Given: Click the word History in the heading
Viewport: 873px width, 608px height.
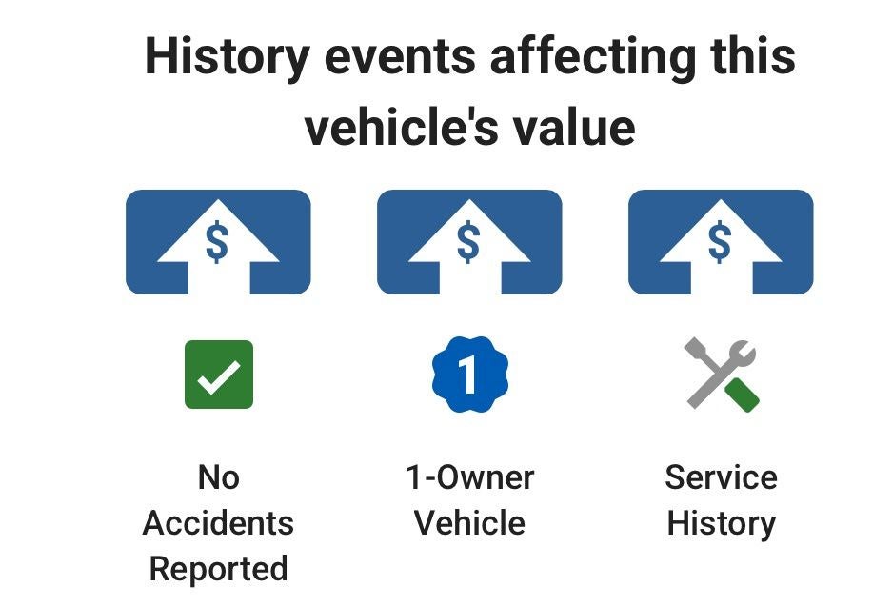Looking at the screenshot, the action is (228, 58).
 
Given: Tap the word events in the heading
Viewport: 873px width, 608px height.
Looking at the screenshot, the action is (400, 57).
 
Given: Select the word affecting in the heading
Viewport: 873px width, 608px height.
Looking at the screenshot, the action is (593, 58).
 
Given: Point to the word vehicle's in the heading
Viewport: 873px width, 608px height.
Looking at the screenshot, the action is (402, 128).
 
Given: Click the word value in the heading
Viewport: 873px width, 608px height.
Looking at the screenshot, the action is (574, 128).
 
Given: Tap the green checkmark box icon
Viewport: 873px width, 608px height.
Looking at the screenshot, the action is (219, 375).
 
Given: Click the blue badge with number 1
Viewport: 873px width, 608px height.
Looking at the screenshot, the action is (470, 375).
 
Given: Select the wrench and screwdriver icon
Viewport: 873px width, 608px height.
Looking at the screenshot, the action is (722, 375).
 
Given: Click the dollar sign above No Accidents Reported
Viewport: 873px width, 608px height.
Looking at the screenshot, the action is (217, 242).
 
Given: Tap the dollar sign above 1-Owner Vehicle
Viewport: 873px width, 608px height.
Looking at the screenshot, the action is (468, 242).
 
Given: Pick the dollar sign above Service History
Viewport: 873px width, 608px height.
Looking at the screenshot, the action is (720, 242).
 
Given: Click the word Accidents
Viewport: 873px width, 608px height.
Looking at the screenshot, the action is (218, 523).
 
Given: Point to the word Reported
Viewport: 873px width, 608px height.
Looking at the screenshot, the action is (219, 570).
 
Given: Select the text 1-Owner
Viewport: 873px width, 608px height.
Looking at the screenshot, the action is (470, 477).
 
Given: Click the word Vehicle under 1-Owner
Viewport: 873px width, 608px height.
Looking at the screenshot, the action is (470, 523).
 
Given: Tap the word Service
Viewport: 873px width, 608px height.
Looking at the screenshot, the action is (721, 477).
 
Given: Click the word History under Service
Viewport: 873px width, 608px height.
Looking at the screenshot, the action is (722, 524).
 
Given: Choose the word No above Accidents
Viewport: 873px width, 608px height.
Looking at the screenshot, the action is (219, 477).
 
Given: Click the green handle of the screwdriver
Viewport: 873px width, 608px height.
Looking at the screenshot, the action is (743, 395).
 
